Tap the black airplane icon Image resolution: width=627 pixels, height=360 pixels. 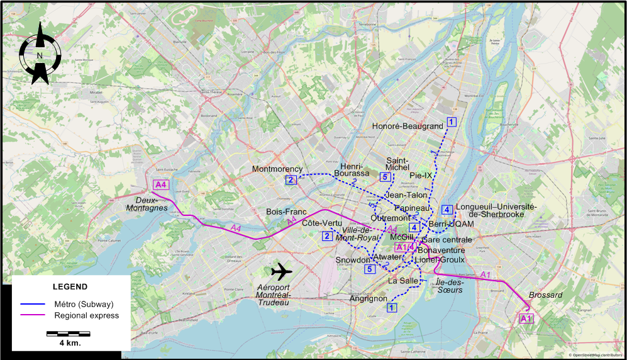pos(282,272)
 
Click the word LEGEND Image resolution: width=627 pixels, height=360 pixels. pos(70,286)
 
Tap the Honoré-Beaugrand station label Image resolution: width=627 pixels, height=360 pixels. pos(408,127)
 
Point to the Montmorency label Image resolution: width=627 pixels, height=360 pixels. pos(277,169)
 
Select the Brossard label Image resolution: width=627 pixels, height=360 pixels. pos(546,295)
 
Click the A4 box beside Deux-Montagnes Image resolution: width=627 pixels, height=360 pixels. pos(161,184)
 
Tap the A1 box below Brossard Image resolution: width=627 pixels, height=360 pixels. pos(526,319)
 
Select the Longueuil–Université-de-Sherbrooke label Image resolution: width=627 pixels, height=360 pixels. pos(496,210)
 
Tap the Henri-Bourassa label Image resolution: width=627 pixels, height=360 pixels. pos(355,169)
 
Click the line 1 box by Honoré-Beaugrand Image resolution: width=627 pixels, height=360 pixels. pos(451,121)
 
